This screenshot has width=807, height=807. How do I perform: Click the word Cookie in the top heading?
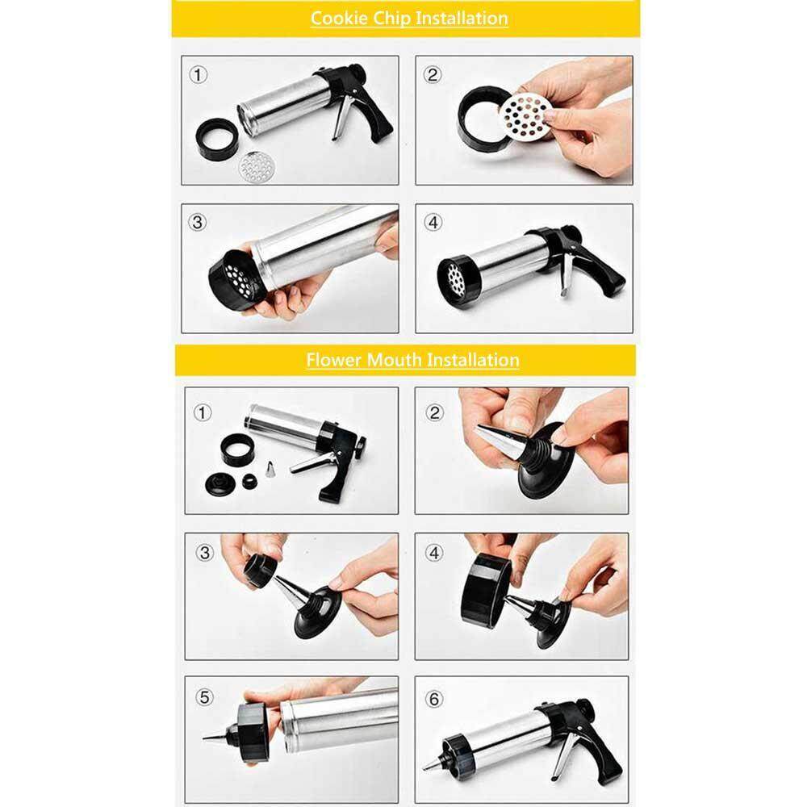click(x=339, y=18)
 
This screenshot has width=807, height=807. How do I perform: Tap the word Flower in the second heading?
click(x=333, y=359)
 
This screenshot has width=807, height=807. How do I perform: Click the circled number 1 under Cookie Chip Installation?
click(x=199, y=75)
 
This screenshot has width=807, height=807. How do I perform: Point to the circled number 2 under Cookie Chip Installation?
click(x=433, y=75)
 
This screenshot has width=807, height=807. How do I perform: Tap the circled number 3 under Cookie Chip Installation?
click(x=198, y=223)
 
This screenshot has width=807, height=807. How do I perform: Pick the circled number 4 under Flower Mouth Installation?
click(x=434, y=554)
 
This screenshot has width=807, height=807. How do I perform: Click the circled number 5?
click(x=204, y=697)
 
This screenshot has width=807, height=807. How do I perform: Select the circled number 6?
click(x=434, y=699)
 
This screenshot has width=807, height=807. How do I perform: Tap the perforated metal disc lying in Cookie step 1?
click(x=257, y=167)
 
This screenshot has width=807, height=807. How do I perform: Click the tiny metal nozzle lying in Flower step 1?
click(x=269, y=470)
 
